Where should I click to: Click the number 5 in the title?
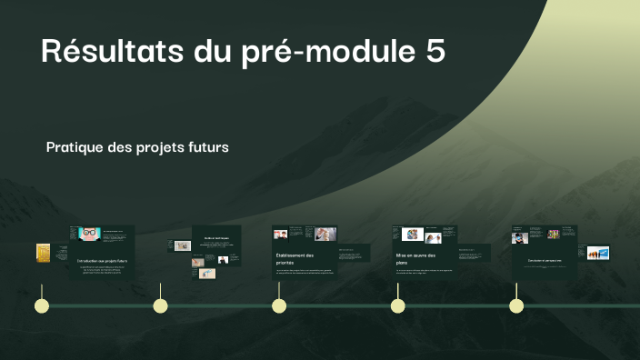coord(435,52)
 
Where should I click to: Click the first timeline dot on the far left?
coord(41,305)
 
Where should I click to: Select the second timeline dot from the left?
coord(160,305)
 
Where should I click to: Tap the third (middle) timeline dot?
coord(279,305)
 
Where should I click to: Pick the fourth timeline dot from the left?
coord(397,305)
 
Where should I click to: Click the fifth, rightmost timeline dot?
coord(516,305)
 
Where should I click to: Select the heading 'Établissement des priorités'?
coord(294,259)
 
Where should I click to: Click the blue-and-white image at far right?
coord(597,253)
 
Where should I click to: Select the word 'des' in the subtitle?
coord(119,146)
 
